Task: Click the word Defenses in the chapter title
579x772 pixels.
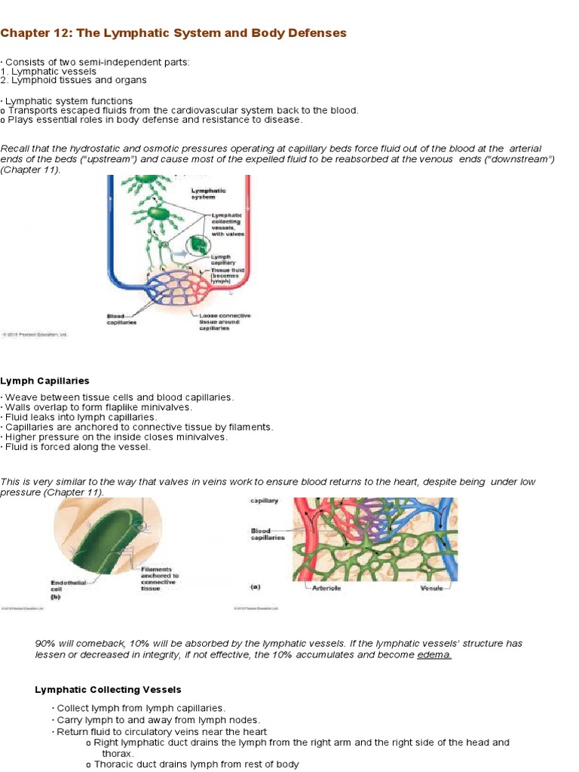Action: click(313, 33)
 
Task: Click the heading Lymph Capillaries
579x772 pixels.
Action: click(44, 381)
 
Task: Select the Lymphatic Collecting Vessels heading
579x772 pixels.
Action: click(109, 689)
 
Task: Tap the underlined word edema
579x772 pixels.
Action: click(434, 655)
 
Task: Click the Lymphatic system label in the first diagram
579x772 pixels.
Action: click(209, 194)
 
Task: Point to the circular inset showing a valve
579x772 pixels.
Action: click(198, 247)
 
